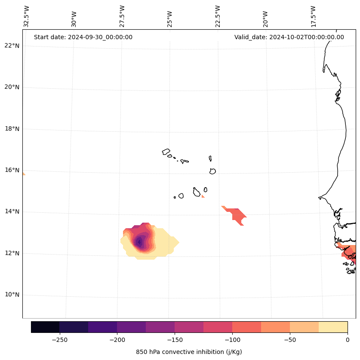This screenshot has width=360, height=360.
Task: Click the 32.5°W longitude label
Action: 27,16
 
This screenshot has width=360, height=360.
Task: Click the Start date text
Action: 83,37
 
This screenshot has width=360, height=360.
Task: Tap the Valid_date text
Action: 289,37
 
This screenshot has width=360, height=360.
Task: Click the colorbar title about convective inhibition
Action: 189,352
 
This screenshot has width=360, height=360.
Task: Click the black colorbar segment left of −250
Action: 45,327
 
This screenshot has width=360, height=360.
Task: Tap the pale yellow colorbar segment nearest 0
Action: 333,327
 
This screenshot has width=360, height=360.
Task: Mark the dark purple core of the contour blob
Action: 139,242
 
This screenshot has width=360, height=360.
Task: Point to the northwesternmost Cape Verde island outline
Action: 166,152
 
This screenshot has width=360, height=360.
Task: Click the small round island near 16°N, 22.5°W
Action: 212,171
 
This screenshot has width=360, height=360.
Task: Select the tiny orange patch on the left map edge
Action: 24,174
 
